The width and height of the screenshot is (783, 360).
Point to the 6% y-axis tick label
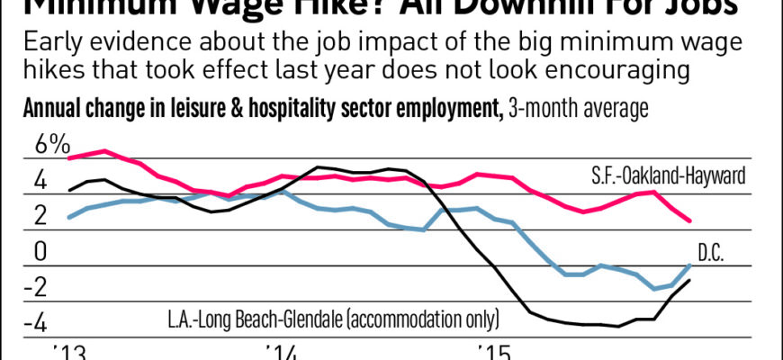click(x=52, y=144)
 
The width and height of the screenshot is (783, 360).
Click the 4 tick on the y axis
click(x=41, y=180)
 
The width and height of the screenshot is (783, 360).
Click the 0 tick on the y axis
click(x=41, y=251)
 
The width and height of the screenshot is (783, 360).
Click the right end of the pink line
click(x=689, y=220)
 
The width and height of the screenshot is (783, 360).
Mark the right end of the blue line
click(x=689, y=265)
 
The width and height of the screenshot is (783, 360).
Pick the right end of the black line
click(x=689, y=281)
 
